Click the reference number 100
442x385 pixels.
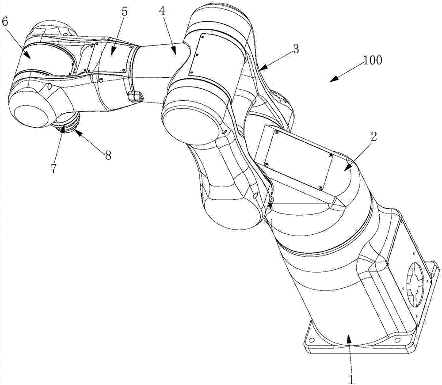pyautogui.click(x=372, y=60)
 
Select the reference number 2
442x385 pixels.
pyautogui.click(x=374, y=137)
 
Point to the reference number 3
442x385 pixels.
pyautogui.click(x=295, y=49)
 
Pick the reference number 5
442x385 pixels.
pyautogui.click(x=125, y=11)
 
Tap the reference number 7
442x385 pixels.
pyautogui.click(x=54, y=168)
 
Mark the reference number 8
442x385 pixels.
pyautogui.click(x=108, y=155)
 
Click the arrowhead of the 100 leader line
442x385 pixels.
pyautogui.click(x=335, y=79)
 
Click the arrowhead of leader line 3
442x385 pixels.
pyautogui.click(x=263, y=67)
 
